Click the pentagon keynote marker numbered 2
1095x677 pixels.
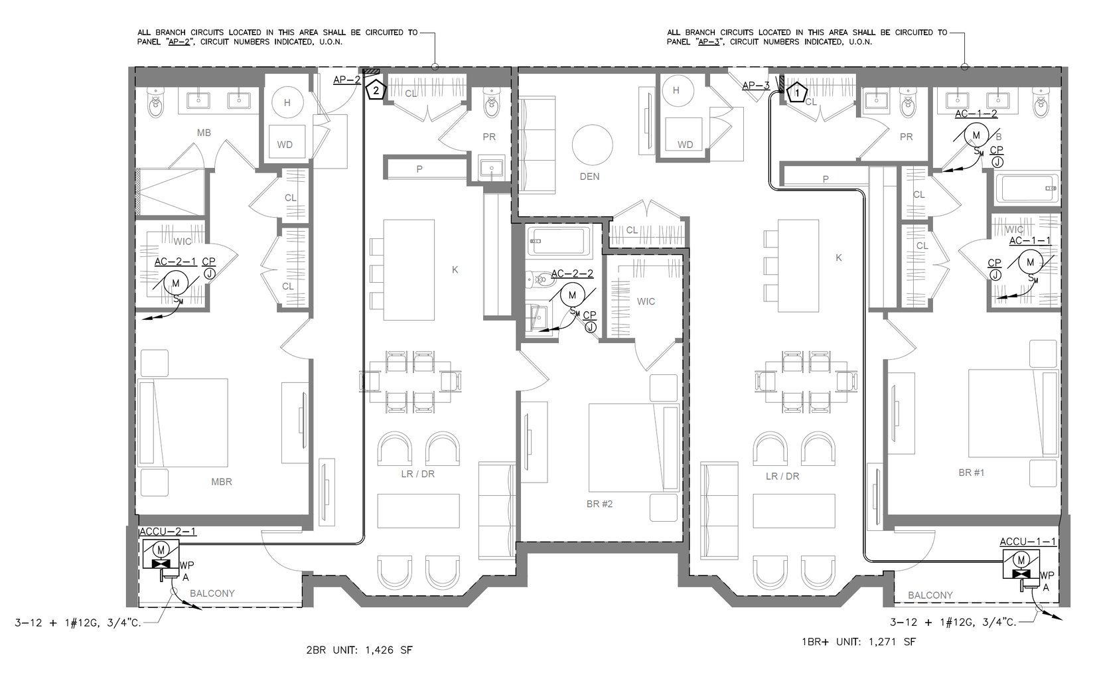376,90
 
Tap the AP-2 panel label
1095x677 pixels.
347,80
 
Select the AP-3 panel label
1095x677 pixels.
756,86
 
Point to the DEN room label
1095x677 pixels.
589,177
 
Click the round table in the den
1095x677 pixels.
593,145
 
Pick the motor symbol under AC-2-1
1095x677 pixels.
176,283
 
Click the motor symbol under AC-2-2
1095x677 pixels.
573,295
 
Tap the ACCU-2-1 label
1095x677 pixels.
168,532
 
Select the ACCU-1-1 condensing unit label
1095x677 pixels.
1028,542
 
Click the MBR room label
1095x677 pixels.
222,482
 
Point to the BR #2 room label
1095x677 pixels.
599,504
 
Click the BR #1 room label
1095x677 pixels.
972,473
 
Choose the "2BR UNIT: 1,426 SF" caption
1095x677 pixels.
359,650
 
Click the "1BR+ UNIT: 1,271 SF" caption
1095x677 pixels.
859,642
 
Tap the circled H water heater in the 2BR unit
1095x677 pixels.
287,103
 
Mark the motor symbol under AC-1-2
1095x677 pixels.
977,135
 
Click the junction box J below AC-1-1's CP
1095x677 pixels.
995,275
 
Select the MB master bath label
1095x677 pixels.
204,133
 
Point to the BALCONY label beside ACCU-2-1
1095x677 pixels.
212,593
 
